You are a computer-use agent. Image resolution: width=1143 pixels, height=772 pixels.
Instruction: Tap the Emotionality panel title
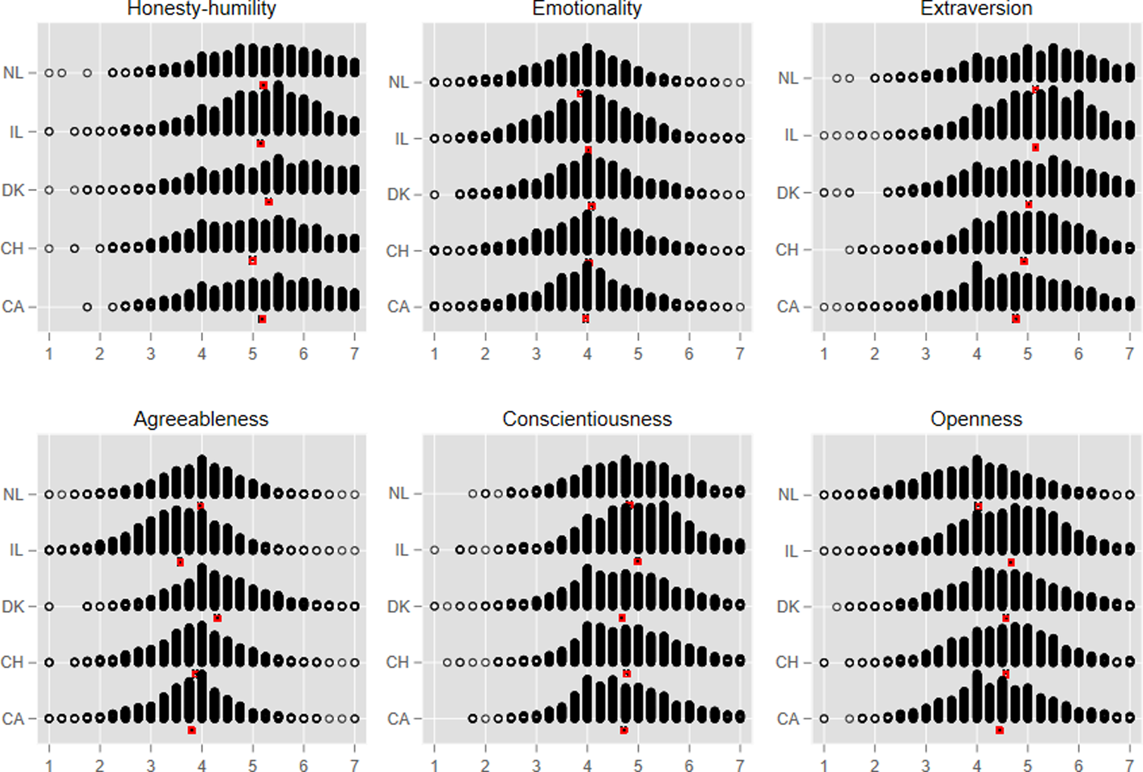[x=587, y=8]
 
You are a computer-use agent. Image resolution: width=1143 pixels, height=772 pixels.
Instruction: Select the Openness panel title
[x=976, y=419]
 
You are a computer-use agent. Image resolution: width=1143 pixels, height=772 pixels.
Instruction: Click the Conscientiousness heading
[x=587, y=419]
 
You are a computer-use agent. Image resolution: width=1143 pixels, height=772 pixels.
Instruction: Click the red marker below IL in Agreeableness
[x=180, y=562]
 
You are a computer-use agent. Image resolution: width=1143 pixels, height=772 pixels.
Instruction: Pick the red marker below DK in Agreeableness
[x=217, y=618]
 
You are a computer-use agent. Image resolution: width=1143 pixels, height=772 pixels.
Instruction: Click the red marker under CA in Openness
[x=999, y=731]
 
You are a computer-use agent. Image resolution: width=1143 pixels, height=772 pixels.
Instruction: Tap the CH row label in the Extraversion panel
[x=787, y=250]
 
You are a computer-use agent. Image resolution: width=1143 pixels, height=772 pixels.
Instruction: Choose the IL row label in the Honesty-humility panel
[x=16, y=132]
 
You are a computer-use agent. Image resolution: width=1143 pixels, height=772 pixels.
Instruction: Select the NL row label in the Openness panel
[x=788, y=495]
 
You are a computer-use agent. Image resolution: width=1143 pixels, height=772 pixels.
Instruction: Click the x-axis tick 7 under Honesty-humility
[x=354, y=354]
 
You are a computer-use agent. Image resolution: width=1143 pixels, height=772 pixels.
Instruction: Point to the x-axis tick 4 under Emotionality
[x=587, y=354]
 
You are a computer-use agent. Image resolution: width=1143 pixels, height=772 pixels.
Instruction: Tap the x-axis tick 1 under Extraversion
[x=824, y=354]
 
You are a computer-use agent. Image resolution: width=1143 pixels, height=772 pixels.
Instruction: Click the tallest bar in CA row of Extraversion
[x=977, y=287]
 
